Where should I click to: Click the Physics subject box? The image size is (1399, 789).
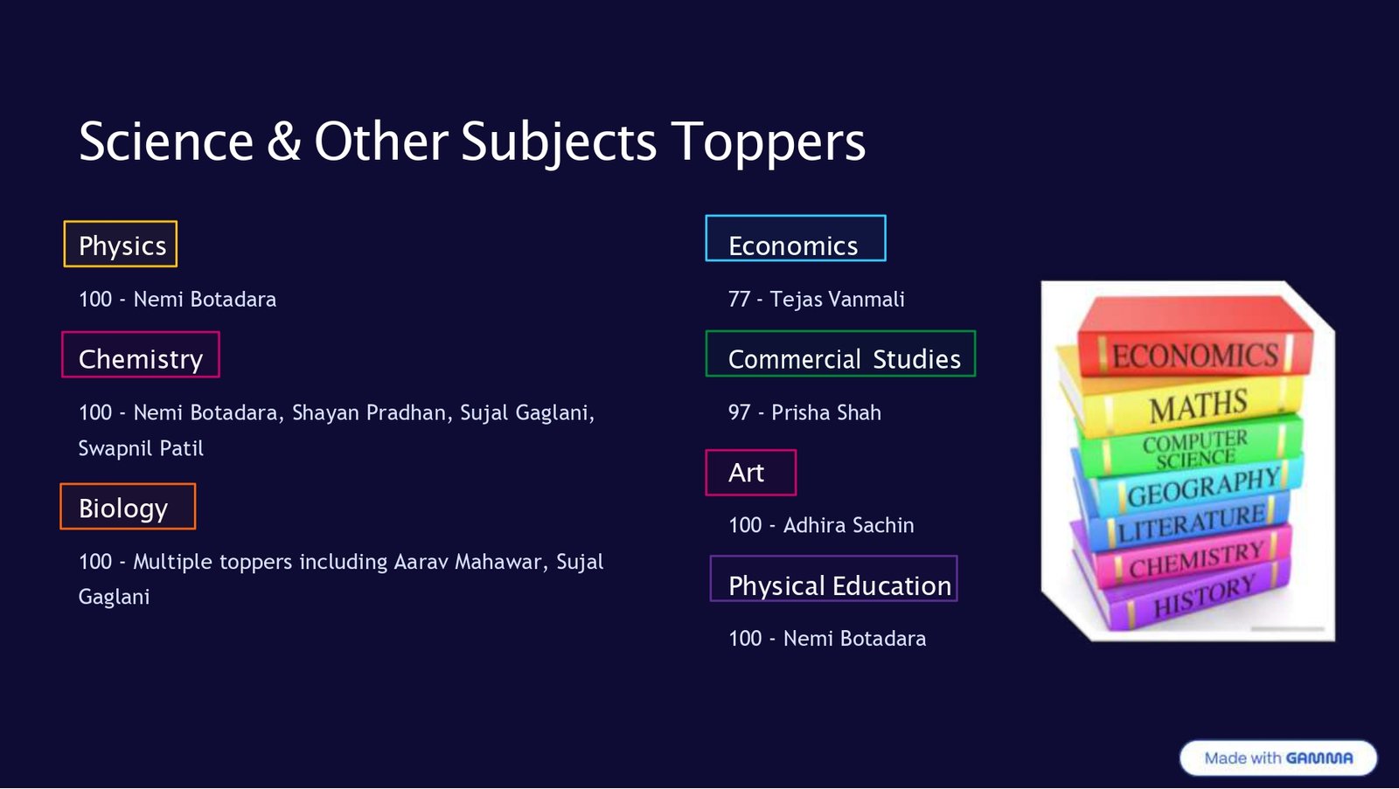click(x=121, y=245)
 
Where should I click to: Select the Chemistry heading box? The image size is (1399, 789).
click(x=140, y=356)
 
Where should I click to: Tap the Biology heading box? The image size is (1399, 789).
click(x=128, y=507)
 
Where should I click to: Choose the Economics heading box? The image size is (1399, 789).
click(x=795, y=239)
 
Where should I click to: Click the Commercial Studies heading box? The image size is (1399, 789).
click(x=840, y=355)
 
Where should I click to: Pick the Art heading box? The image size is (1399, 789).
click(x=750, y=473)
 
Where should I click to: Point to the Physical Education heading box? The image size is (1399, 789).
click(x=833, y=579)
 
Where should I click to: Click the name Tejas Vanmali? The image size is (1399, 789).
click(x=837, y=300)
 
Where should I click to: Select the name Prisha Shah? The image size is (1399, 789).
click(x=825, y=412)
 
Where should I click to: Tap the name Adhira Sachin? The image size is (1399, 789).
click(x=848, y=525)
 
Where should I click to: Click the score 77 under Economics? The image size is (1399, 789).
click(x=739, y=300)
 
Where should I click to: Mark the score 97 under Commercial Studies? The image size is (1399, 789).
click(x=739, y=412)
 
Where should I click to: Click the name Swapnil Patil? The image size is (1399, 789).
click(x=141, y=448)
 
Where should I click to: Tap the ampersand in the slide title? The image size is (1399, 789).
click(x=284, y=142)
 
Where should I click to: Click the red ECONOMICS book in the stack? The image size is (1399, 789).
click(x=1194, y=348)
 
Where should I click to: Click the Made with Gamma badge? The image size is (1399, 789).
click(x=1277, y=758)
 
